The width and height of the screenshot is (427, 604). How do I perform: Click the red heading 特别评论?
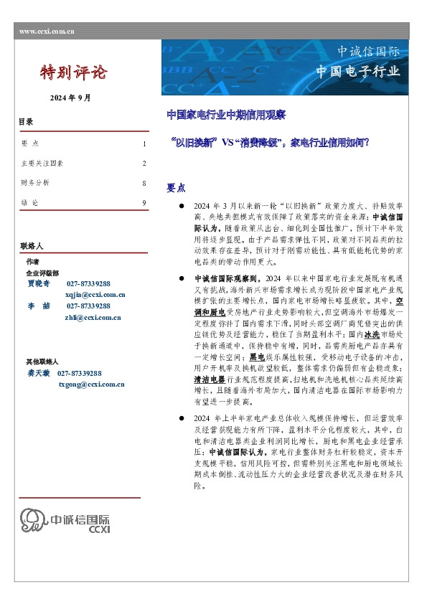tap(73, 72)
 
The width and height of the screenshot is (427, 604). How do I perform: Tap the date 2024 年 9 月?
tap(70, 97)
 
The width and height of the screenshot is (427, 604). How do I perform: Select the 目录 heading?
tap(26, 122)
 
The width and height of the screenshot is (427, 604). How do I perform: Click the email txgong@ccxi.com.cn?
tap(91, 384)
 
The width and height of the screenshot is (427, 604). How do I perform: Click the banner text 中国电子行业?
tap(358, 71)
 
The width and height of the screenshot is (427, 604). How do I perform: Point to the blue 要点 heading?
tap(176, 187)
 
